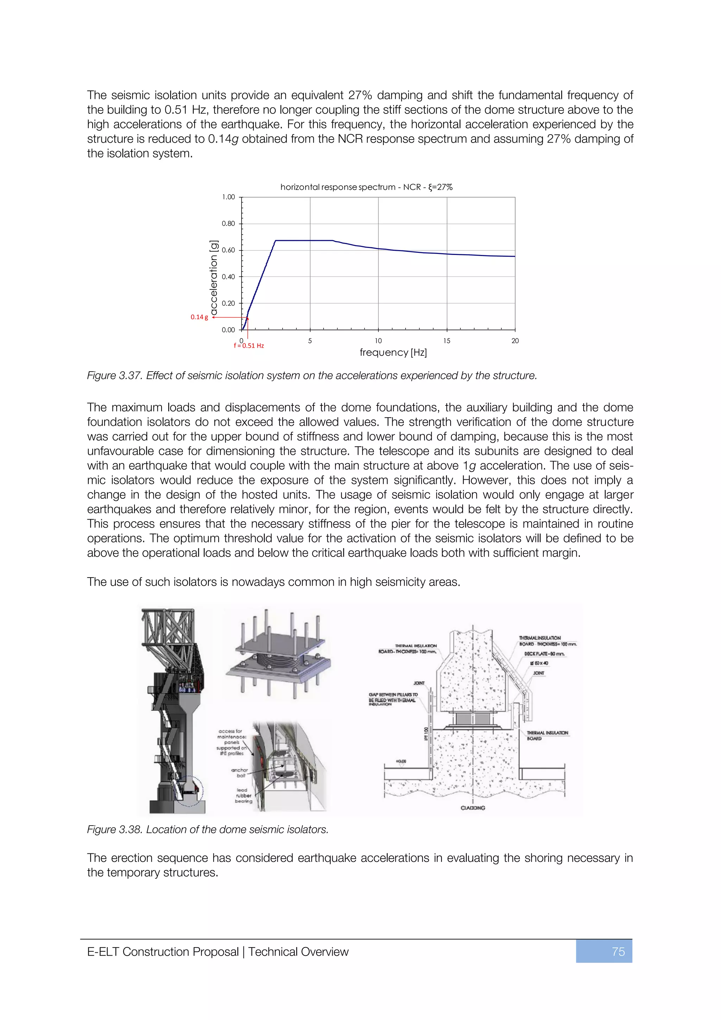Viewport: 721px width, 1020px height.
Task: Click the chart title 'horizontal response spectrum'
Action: [x=337, y=187]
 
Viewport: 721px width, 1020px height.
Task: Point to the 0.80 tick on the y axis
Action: [x=228, y=223]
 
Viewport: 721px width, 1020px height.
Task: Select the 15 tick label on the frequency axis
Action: [x=447, y=341]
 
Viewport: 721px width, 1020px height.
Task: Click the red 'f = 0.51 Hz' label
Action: [x=249, y=346]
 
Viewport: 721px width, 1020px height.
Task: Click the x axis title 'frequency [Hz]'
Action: [x=393, y=352]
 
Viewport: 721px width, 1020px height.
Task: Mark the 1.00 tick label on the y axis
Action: [x=228, y=197]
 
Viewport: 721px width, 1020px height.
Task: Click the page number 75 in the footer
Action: [x=617, y=952]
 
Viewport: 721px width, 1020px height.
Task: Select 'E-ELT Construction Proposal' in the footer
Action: [x=163, y=952]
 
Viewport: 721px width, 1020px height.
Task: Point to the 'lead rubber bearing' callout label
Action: [x=243, y=796]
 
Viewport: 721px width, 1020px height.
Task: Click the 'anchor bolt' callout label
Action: [x=240, y=772]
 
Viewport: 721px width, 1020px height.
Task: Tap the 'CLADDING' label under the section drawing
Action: [x=473, y=808]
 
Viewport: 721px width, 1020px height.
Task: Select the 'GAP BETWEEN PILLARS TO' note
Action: [x=393, y=694]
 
